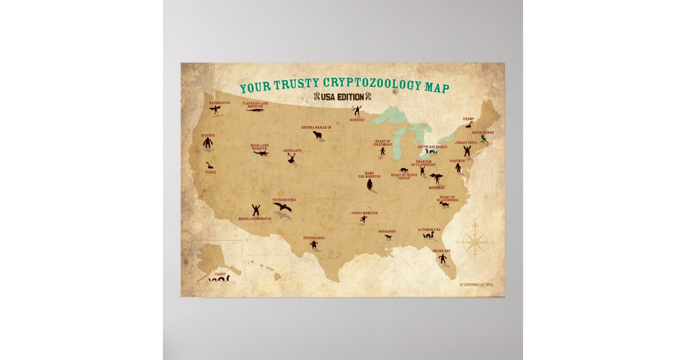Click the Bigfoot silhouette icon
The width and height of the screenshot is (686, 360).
208,143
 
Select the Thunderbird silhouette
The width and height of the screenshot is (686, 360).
282,207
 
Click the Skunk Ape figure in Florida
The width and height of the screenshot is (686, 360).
443,259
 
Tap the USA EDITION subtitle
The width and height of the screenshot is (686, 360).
342,97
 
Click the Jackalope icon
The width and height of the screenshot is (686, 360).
292,158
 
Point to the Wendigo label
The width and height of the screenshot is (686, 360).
357,120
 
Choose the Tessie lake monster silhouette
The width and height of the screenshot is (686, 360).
210,166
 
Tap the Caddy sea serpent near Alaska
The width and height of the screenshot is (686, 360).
220,279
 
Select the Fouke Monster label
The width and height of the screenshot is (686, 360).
365,213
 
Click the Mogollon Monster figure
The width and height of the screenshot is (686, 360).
256,210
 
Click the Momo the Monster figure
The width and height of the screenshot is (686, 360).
370,185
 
